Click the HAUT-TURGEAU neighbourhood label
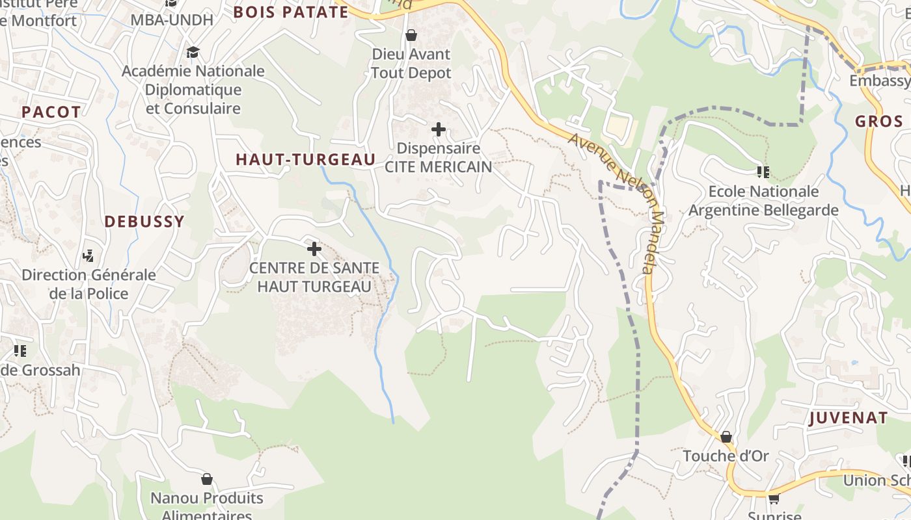305,160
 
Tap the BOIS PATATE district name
291,12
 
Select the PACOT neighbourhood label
51,112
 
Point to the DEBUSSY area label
144,222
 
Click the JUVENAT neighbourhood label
848,418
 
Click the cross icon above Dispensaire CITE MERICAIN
439,129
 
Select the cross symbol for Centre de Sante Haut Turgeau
314,249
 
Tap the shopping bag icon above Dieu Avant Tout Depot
411,35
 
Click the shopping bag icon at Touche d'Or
726,437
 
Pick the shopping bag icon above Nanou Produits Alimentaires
207,479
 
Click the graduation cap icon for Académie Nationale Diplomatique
193,52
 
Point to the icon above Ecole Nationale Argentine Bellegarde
763,172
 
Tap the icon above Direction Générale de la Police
88,256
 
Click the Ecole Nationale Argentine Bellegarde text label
763,201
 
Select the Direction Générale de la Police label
88,284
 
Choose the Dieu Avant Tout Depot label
411,63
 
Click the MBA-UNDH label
172,20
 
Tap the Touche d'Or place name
726,456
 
